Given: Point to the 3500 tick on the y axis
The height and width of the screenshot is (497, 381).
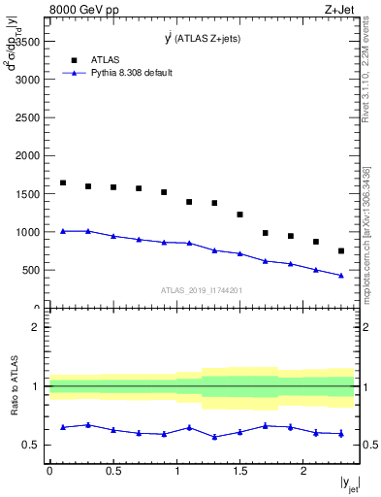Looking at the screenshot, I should tap(28, 42).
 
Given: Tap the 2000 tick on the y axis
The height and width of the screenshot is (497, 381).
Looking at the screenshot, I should tap(28, 156).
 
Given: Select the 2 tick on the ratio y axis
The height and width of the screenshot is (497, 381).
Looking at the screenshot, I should tap(37, 327).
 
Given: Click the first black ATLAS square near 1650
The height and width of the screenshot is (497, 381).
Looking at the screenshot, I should tap(63, 182).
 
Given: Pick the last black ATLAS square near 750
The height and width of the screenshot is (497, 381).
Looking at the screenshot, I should tap(341, 251).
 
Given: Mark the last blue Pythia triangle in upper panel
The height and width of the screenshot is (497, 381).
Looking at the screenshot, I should tap(341, 275).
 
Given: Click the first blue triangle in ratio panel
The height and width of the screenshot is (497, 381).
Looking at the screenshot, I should tap(63, 427).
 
